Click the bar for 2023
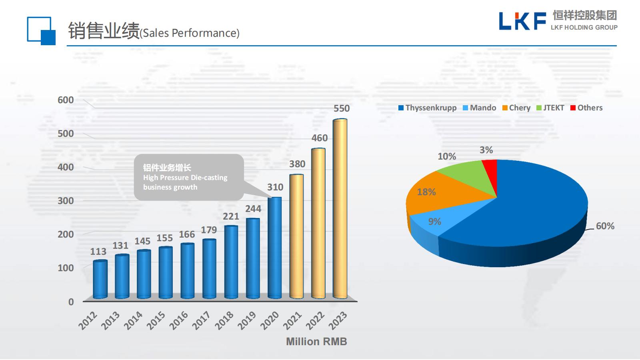point(340,208)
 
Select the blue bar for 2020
point(274,248)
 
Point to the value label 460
point(320,138)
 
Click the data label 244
point(253,209)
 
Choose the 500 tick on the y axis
point(66,134)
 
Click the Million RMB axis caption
point(316,342)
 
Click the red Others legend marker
point(573,108)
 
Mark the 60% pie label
point(605,226)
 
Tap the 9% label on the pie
point(434,222)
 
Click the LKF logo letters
point(522,21)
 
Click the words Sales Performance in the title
point(190,33)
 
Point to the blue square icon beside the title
point(41,30)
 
